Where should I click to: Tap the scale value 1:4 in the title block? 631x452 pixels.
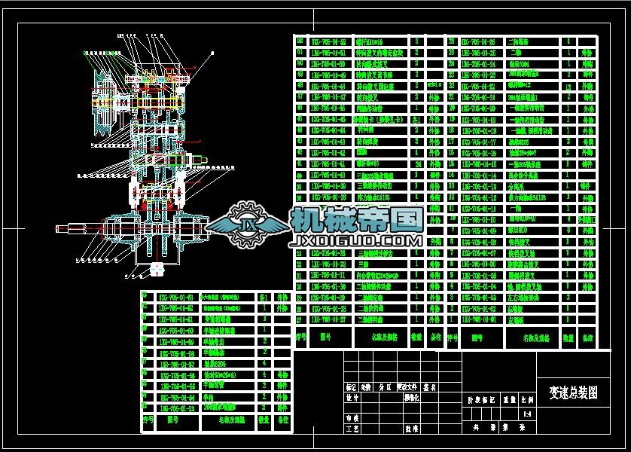click(526, 414)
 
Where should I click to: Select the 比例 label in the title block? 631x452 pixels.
click(527, 401)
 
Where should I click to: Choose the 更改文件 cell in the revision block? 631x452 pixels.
click(411, 387)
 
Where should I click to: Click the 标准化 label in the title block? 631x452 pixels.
click(412, 397)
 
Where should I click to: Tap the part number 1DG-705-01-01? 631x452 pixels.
click(477, 320)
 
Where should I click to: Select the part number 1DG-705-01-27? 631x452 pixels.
click(328, 320)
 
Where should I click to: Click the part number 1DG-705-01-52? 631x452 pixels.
click(328, 42)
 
